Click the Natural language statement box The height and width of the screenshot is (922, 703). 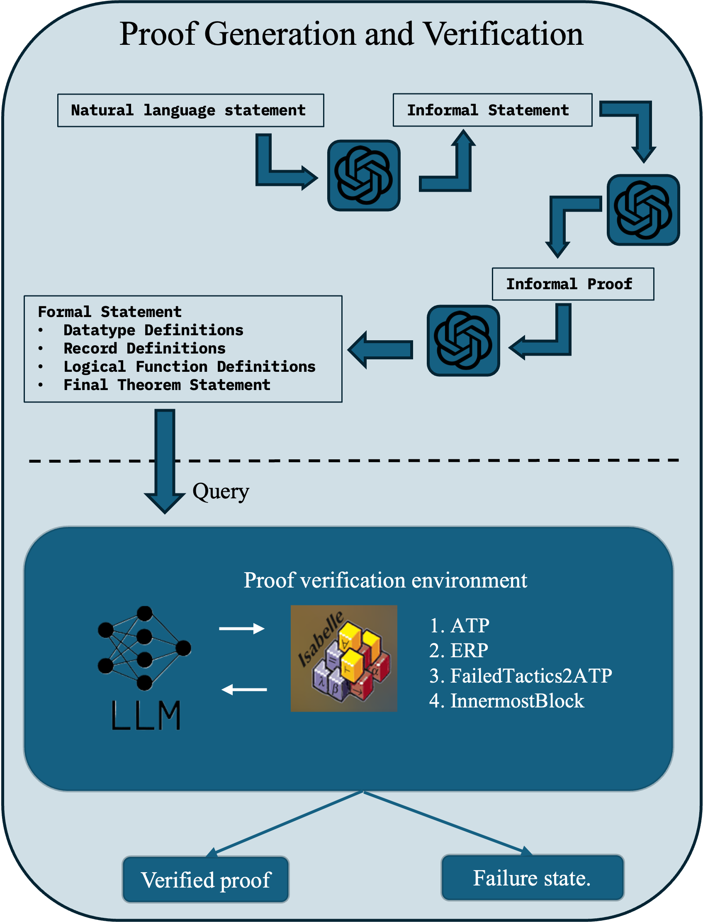pyautogui.click(x=190, y=110)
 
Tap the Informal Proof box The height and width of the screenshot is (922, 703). pyautogui.click(x=572, y=284)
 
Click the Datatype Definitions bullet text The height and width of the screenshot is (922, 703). pyautogui.click(x=153, y=330)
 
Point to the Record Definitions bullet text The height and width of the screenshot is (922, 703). pyautogui.click(x=144, y=349)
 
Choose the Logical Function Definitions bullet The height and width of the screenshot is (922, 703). pyautogui.click(x=189, y=367)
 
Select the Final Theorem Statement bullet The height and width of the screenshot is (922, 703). pyautogui.click(x=167, y=385)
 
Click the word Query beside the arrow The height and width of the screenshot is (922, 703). pyautogui.click(x=221, y=491)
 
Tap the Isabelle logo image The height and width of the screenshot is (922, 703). pyautogui.click(x=343, y=658)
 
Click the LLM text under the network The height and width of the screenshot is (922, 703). pyautogui.click(x=146, y=716)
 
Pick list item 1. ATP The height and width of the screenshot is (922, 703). pyautogui.click(x=459, y=626)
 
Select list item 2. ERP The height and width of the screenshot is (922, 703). pyautogui.click(x=459, y=651)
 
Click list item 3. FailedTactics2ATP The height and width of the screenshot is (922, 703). pyautogui.click(x=521, y=676)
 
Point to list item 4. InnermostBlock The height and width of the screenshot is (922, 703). pyautogui.click(x=506, y=701)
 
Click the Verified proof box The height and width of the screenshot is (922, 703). pyautogui.click(x=205, y=880)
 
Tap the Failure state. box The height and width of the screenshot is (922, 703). pyautogui.click(x=532, y=878)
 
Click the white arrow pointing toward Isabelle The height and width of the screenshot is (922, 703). pyautogui.click(x=242, y=628)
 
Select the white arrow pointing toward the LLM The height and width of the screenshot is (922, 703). pyautogui.click(x=244, y=689)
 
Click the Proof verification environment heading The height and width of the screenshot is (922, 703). pyautogui.click(x=385, y=581)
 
